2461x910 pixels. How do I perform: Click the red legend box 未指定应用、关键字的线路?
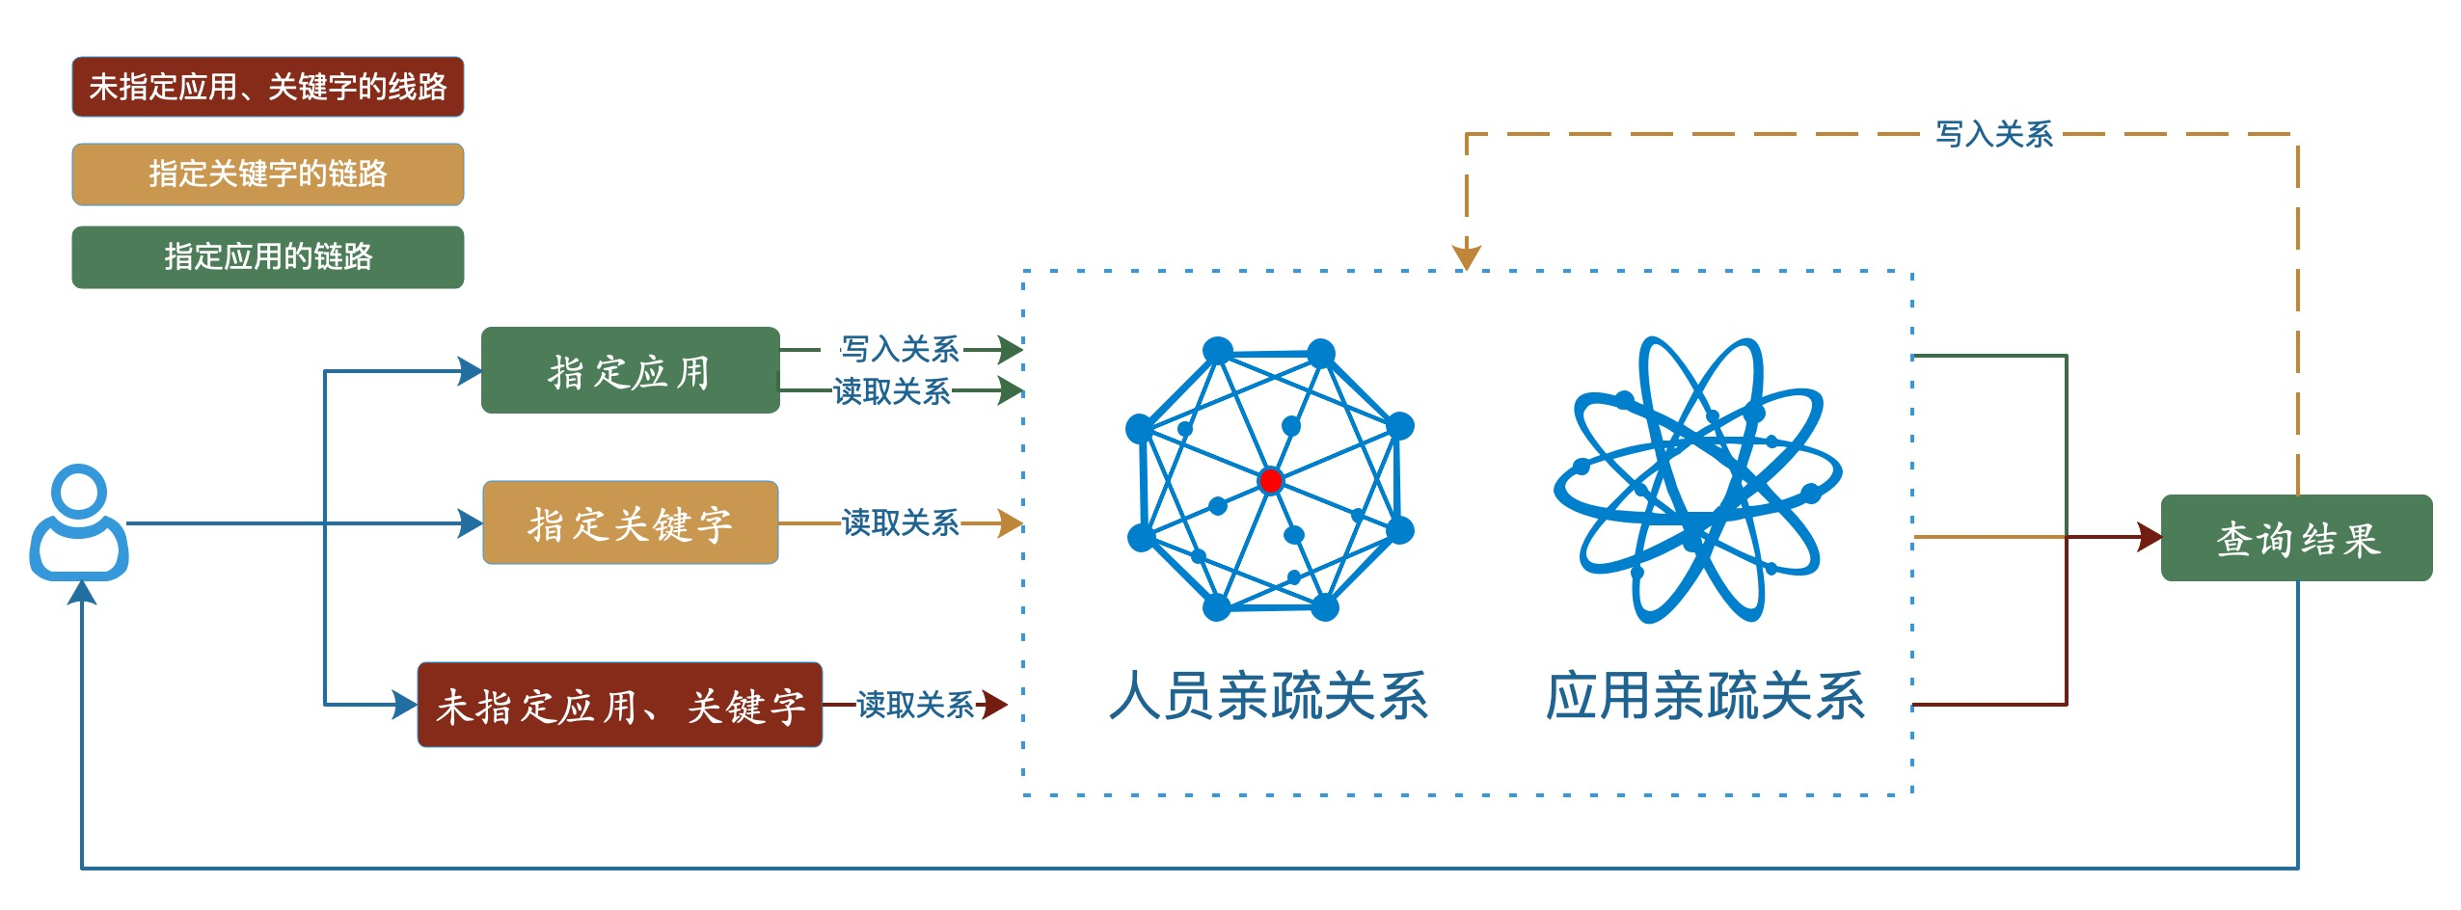point(268,87)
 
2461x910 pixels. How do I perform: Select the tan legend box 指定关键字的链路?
point(268,174)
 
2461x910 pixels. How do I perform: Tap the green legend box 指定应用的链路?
point(268,256)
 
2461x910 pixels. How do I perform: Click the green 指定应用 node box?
point(630,371)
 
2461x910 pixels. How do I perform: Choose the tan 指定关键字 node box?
point(630,523)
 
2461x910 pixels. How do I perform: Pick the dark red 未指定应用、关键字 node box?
point(619,705)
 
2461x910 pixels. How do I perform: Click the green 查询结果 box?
point(2296,538)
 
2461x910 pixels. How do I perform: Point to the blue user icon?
point(79,523)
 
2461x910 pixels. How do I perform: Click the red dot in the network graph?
point(1270,480)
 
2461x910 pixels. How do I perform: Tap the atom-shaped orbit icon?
point(1697,479)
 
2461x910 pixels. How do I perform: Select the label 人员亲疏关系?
point(1268,696)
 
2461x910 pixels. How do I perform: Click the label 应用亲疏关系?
point(1705,696)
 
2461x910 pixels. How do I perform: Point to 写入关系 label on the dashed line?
point(1993,134)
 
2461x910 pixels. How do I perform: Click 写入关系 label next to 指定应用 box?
point(900,348)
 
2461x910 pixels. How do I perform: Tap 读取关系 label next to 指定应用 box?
point(892,391)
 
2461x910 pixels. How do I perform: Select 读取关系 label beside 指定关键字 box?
point(900,522)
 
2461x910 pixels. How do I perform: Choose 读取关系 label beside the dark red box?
point(914,705)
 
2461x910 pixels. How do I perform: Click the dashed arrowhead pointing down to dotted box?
point(1466,257)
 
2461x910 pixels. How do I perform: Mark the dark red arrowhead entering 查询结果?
point(2149,537)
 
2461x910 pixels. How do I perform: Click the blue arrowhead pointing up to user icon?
point(82,592)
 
